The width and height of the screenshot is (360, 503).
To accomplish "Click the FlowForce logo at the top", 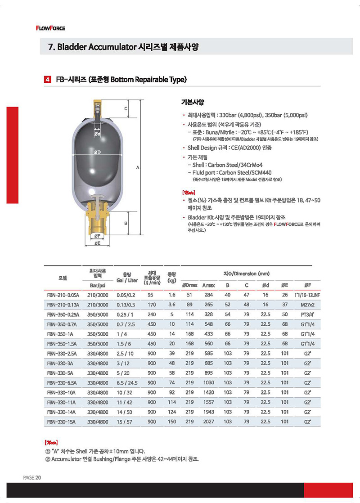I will point(50,28).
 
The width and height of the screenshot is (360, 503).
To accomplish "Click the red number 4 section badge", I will point(47,80).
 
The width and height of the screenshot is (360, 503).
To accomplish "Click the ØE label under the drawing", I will point(97,243).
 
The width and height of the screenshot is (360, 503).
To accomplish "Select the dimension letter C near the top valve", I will point(126,109).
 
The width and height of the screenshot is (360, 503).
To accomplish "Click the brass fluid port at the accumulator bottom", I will point(97,218).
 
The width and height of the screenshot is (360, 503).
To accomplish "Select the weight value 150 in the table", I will point(171,422).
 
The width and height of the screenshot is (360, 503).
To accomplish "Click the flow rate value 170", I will point(152,305).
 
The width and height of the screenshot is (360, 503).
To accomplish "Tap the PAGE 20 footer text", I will point(32,478).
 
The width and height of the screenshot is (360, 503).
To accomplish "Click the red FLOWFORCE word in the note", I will point(291,224).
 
